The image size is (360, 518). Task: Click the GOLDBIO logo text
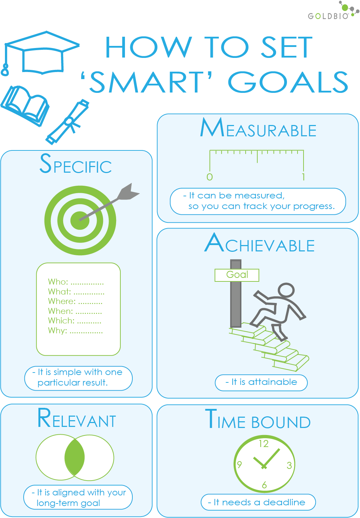point(328,16)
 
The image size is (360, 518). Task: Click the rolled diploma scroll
point(68,122)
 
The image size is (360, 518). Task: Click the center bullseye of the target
point(80,220)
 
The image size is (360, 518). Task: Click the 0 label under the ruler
point(210,177)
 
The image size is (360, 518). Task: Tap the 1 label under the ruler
point(303,177)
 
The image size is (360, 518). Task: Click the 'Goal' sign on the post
point(237,275)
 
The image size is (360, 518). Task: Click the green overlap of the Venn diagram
point(75,457)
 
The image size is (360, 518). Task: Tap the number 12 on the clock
point(264,443)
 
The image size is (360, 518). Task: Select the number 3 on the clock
point(289,465)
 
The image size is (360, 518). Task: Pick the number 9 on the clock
point(239,464)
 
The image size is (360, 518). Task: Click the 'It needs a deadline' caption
point(258,502)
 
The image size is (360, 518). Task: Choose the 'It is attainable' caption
point(261,382)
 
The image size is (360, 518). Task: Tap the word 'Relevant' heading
point(77,419)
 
